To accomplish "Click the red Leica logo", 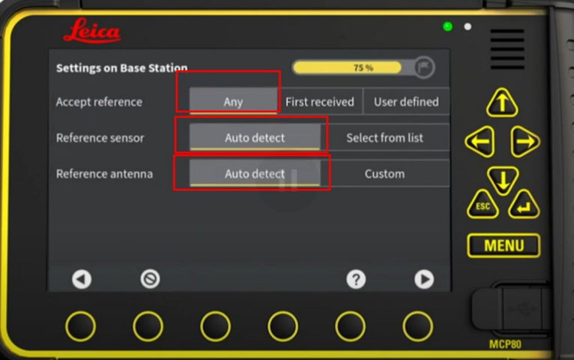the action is tap(92, 31).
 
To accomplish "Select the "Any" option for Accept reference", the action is tap(233, 101).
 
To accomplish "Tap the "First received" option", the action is tap(319, 101).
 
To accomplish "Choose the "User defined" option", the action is tap(406, 101).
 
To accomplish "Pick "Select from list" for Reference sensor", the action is tap(384, 138).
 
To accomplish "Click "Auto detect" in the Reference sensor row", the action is tap(255, 138).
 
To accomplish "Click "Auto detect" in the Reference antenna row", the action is tap(255, 173).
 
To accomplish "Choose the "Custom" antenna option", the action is tap(384, 173).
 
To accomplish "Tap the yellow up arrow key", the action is tap(502, 103).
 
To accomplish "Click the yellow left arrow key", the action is tap(480, 141).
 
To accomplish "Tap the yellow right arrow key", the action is tap(525, 141).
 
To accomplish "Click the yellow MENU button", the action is tap(504, 245).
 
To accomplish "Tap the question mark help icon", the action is tap(356, 280).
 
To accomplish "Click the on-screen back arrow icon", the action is tap(82, 280).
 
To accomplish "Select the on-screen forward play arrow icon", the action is tap(424, 280).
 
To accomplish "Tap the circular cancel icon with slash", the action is tap(150, 279).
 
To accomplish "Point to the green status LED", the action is tap(447, 27).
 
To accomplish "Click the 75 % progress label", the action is tap(363, 67).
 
